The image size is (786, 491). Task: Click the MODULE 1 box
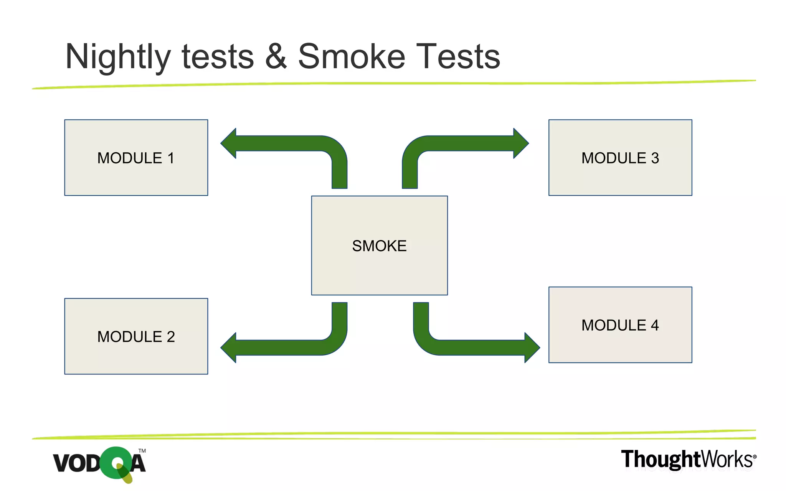[x=136, y=158]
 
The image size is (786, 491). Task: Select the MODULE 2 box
[x=136, y=336]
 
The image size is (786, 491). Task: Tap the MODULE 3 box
[x=620, y=158]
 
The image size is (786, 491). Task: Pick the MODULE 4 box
[x=620, y=325]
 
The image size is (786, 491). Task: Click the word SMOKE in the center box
[x=379, y=246]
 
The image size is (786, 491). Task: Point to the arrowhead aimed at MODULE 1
[x=230, y=143]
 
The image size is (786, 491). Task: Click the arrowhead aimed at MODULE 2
[x=230, y=348]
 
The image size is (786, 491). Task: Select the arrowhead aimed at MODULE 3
[x=520, y=143]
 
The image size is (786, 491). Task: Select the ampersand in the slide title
[x=276, y=57]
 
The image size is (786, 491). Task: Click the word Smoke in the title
[x=352, y=57]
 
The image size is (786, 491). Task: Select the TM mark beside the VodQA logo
[x=142, y=451]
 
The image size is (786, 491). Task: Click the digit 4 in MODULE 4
[x=655, y=325]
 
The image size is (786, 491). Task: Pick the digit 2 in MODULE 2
[x=171, y=337]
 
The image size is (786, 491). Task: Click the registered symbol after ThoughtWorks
[x=755, y=457]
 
